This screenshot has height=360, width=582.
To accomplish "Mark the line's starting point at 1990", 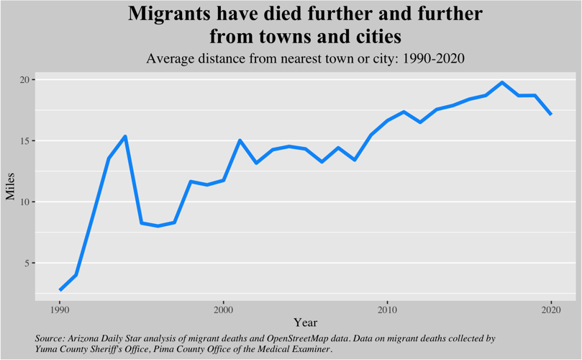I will pyautogui.click(x=60, y=289).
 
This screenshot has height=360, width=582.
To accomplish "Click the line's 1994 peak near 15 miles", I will pyautogui.click(x=125, y=136).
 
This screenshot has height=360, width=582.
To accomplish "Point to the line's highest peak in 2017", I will pyautogui.click(x=501, y=82).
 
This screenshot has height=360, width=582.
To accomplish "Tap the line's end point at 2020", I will pyautogui.click(x=550, y=114).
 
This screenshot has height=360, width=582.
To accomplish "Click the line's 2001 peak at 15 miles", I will pyautogui.click(x=240, y=140).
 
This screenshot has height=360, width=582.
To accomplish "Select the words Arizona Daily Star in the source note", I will pyautogui.click(x=108, y=337).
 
